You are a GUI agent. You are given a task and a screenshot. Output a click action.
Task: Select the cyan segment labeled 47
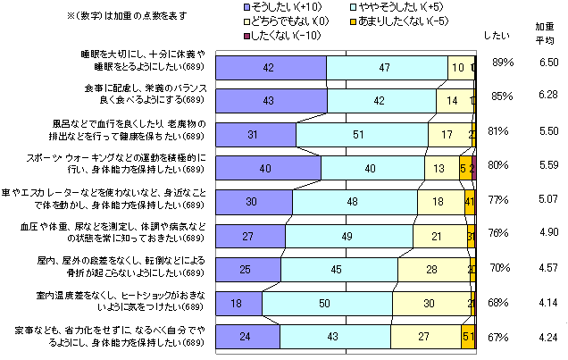(387, 67)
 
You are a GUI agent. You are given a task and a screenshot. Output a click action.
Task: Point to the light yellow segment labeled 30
(429, 303)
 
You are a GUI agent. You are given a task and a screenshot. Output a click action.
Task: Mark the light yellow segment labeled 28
(431, 269)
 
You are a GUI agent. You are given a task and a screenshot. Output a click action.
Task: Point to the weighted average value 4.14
(548, 303)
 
